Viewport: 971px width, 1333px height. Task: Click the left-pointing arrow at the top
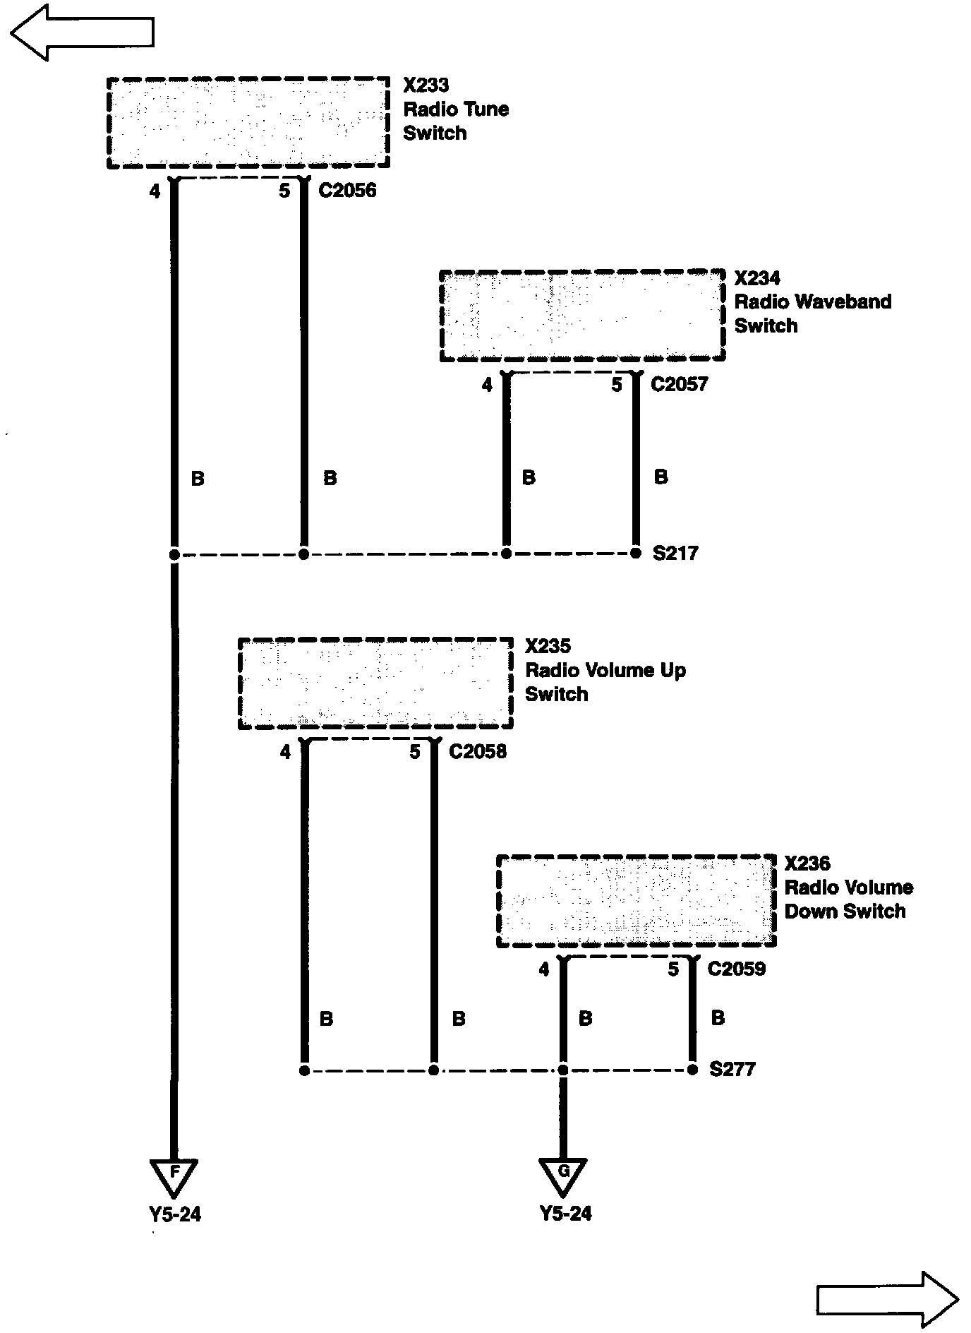click(x=82, y=32)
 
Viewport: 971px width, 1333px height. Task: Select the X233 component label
click(x=426, y=85)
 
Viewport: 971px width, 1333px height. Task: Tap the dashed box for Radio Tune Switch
click(x=248, y=123)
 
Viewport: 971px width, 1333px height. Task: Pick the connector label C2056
click(x=347, y=191)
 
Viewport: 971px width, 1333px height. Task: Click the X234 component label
click(x=757, y=278)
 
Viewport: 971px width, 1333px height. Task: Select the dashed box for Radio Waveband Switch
click(x=582, y=316)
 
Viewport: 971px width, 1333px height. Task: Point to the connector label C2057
click(x=679, y=385)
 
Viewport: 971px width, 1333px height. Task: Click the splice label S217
click(x=675, y=554)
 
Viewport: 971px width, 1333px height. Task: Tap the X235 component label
click(x=548, y=646)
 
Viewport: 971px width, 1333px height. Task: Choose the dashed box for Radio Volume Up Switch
click(x=375, y=683)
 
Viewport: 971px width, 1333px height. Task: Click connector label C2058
click(x=478, y=752)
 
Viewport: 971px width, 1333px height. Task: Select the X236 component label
click(x=807, y=863)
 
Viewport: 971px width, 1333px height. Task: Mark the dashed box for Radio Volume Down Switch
click(x=636, y=902)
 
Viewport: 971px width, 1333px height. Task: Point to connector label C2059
click(x=736, y=969)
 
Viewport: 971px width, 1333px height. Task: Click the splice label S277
click(x=732, y=1070)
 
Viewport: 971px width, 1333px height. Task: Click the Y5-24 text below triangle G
click(x=565, y=1214)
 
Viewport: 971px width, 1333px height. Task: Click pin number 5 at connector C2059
click(x=673, y=969)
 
